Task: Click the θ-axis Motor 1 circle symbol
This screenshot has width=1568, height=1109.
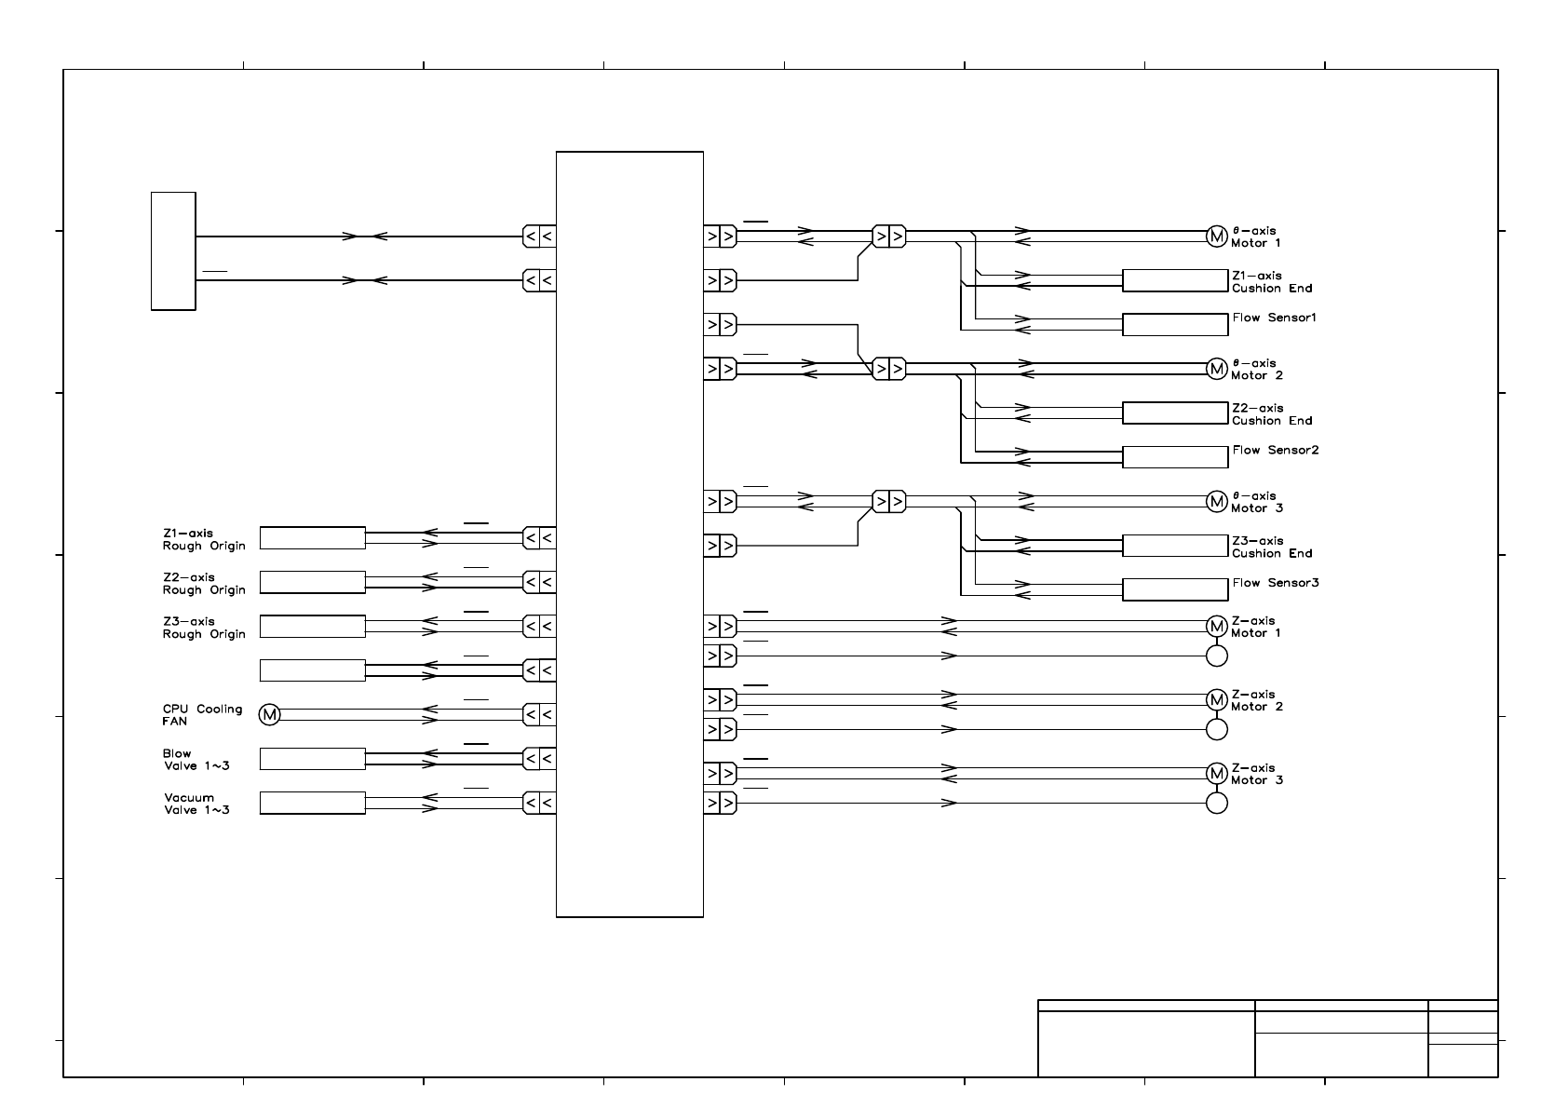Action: click(x=1216, y=237)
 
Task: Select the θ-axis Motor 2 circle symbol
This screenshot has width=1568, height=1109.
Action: click(x=1216, y=369)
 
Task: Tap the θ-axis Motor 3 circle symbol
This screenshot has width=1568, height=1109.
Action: click(x=1216, y=501)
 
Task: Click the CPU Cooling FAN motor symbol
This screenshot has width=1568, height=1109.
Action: click(x=269, y=714)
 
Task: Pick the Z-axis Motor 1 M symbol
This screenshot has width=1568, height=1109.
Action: click(x=1216, y=625)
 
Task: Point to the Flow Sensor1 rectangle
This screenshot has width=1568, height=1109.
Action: click(x=1175, y=324)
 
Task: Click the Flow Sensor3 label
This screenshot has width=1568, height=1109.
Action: click(x=1275, y=583)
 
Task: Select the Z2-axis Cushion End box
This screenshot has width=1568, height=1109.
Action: click(x=1175, y=412)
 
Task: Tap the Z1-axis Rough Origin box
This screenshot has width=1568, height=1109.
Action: click(x=312, y=538)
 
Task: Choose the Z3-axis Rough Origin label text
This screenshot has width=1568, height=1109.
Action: click(x=204, y=628)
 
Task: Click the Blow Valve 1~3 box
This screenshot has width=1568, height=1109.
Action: click(x=312, y=759)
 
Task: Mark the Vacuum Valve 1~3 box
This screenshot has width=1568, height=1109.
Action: click(x=312, y=803)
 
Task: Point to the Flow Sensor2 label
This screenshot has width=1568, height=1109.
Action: click(x=1275, y=451)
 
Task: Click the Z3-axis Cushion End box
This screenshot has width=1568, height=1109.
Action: click(x=1175, y=546)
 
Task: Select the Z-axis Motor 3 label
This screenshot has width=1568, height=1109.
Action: click(x=1256, y=774)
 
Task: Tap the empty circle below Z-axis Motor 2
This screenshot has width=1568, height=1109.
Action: click(x=1216, y=729)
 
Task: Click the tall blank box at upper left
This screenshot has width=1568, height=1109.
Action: click(x=173, y=250)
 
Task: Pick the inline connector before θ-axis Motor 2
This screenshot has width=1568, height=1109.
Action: click(x=888, y=369)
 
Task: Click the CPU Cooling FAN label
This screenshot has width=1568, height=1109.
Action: click(x=202, y=715)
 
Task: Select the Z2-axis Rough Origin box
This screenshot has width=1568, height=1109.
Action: click(x=312, y=582)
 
